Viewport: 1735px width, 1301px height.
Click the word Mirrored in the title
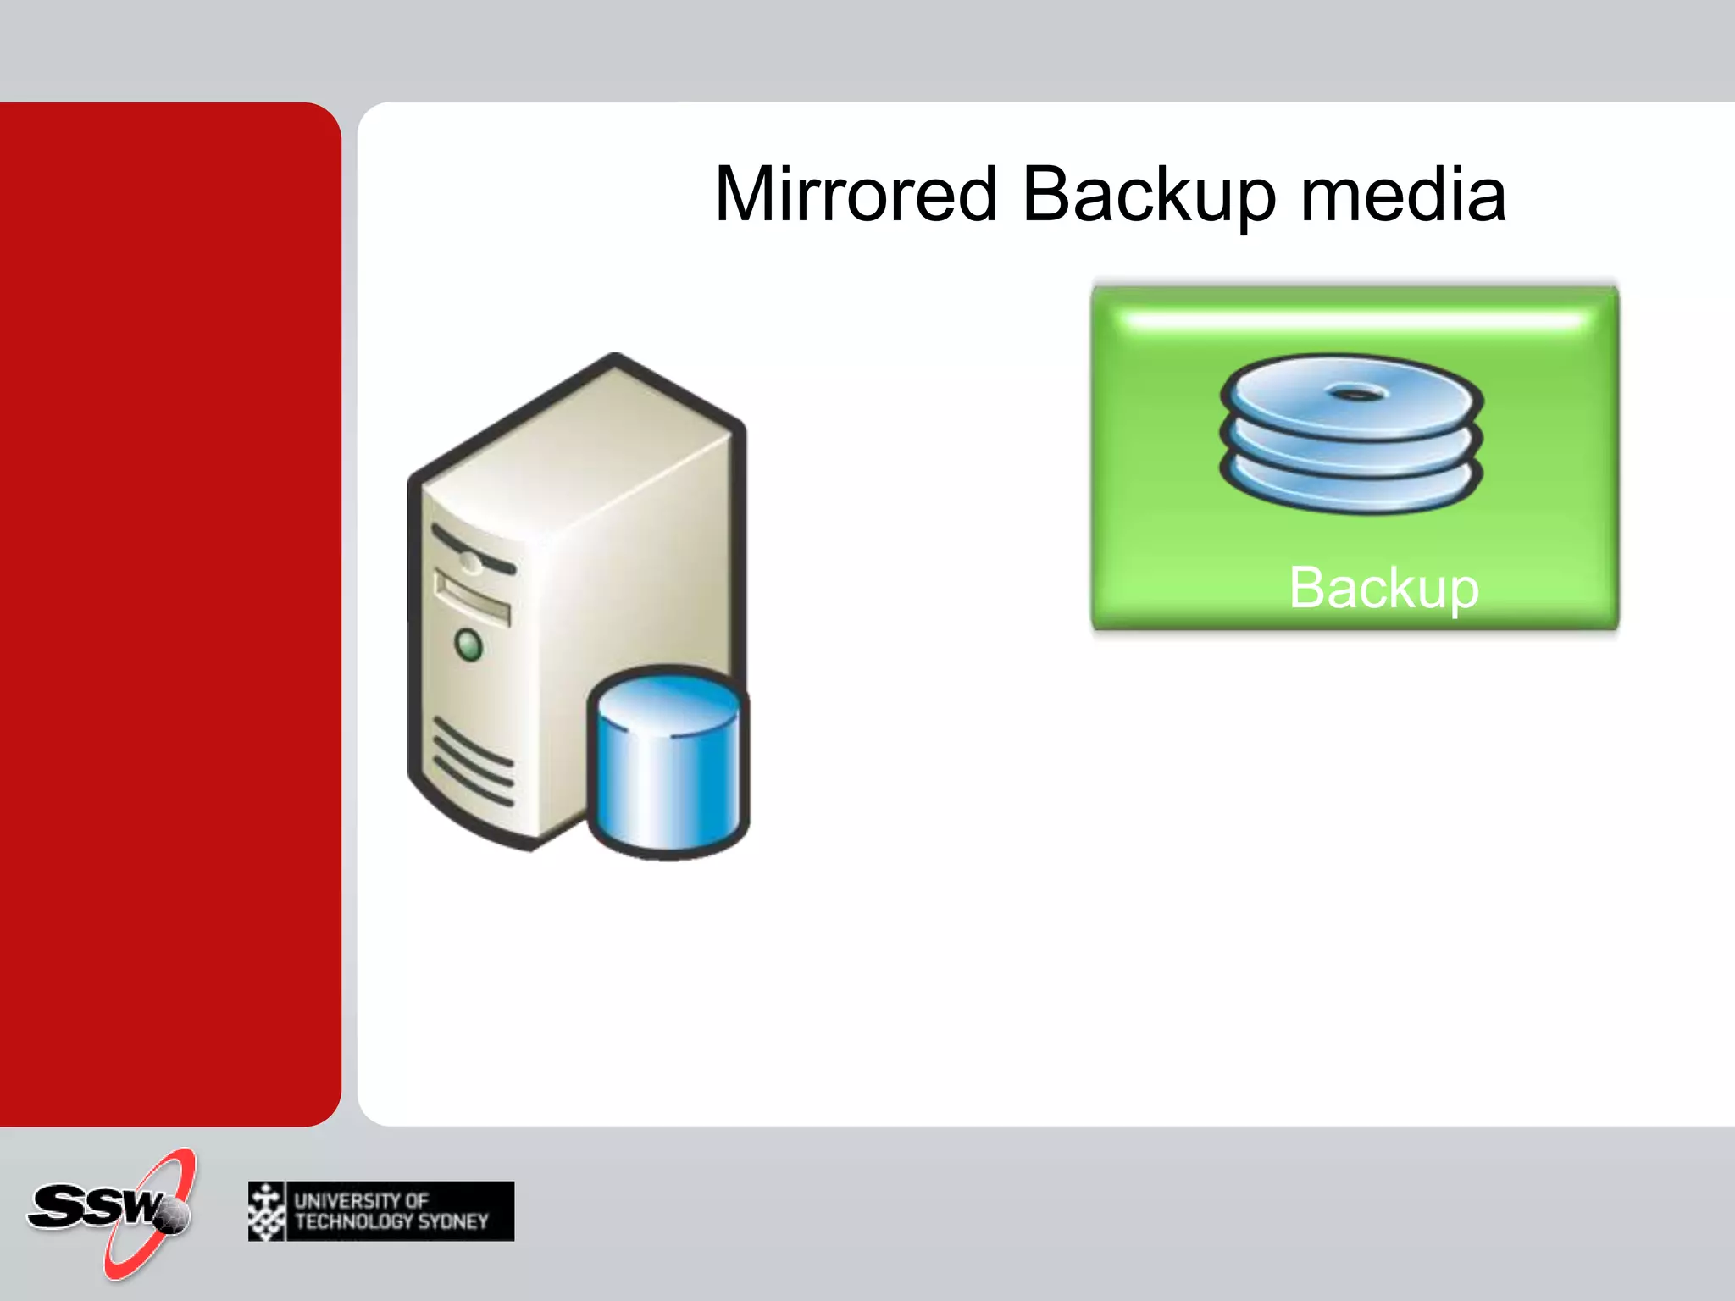pos(856,195)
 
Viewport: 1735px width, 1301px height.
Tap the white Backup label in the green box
pos(1383,587)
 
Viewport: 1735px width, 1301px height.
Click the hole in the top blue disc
pos(1356,394)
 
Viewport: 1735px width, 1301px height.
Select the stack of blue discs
pos(1351,434)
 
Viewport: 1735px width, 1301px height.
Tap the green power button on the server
pos(468,645)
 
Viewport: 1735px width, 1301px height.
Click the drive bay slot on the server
pos(472,597)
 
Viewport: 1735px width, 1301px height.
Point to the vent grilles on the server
pos(474,761)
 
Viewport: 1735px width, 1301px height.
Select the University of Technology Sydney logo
pos(381,1210)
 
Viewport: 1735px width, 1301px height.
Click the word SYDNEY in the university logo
pos(453,1221)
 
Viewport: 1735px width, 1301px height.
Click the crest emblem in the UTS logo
pos(267,1211)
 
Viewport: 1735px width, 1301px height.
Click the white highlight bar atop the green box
pos(1353,321)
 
